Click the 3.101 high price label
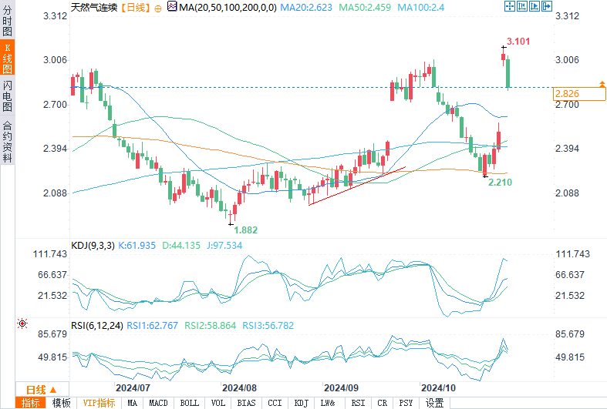coord(518,41)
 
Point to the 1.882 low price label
coord(246,229)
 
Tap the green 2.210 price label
coord(501,182)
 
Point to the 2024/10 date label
coord(436,387)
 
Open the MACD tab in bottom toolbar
coord(158,403)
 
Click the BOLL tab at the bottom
coord(188,403)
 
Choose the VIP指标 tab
coord(99,403)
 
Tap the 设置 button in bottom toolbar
coord(435,403)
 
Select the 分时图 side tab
coord(7,22)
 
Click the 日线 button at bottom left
coord(37,389)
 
